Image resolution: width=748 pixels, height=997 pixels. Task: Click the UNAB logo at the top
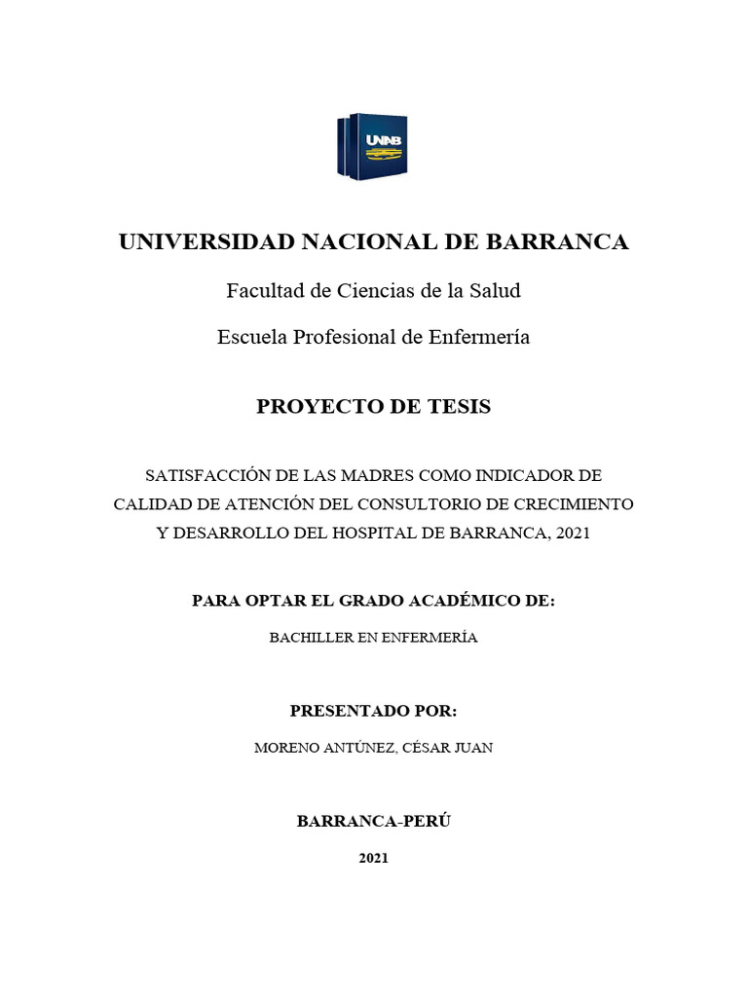coord(372,147)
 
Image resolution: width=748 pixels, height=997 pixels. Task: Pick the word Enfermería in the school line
coord(479,337)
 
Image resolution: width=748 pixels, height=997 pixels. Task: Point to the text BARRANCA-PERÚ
coord(374,821)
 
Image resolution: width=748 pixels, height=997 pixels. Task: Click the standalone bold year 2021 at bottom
coord(374,858)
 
